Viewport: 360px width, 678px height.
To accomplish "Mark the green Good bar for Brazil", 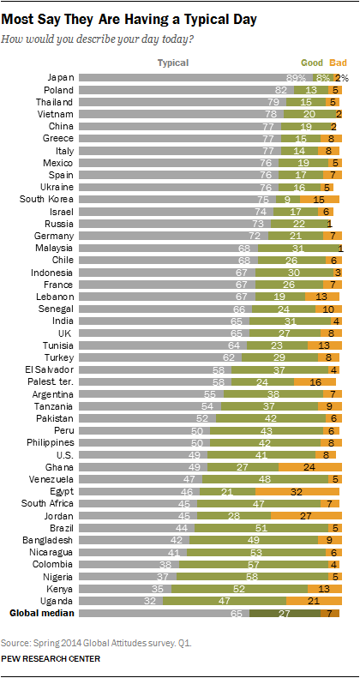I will (261, 528).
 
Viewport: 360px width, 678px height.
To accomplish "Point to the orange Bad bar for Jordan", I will (306, 516).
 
